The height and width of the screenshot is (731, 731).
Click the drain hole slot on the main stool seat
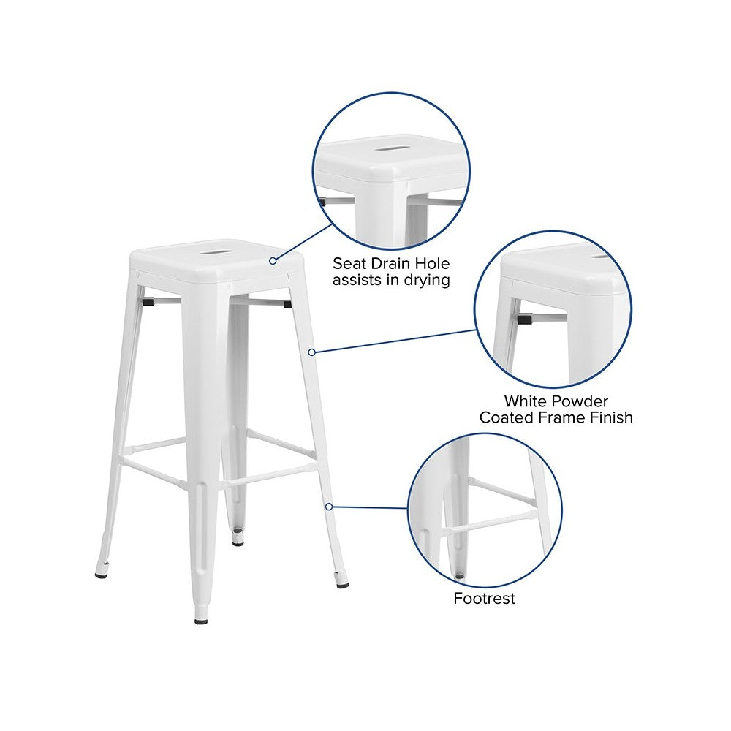tap(213, 252)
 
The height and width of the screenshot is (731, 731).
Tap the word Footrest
tap(484, 598)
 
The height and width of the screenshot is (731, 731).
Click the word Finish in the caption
tap(611, 417)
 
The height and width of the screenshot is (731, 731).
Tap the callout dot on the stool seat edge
tap(273, 261)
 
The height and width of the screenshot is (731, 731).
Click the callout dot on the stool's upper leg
tap(312, 352)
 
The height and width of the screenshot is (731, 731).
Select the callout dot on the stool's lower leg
tap(329, 507)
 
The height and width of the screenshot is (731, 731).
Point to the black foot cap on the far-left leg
tap(102, 575)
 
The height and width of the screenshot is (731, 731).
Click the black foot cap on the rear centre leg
tap(238, 542)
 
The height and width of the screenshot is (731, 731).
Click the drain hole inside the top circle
tap(390, 149)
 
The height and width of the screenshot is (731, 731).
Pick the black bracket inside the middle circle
tap(525, 319)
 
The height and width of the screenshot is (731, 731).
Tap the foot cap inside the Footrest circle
tap(460, 576)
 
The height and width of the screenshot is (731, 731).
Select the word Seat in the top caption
tap(349, 263)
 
